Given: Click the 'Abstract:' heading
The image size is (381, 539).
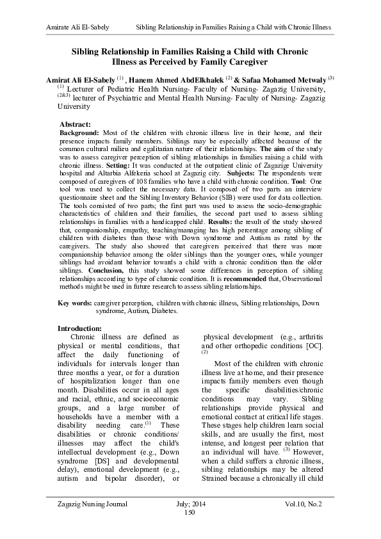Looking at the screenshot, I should click(74, 124).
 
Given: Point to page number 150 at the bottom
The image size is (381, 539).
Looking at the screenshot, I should click(189, 513).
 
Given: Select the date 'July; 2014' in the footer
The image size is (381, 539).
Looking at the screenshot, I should click(190, 504).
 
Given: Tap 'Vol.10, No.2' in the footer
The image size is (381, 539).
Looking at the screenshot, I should click(304, 504).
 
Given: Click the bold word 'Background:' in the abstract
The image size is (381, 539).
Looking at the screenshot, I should click(78, 131).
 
